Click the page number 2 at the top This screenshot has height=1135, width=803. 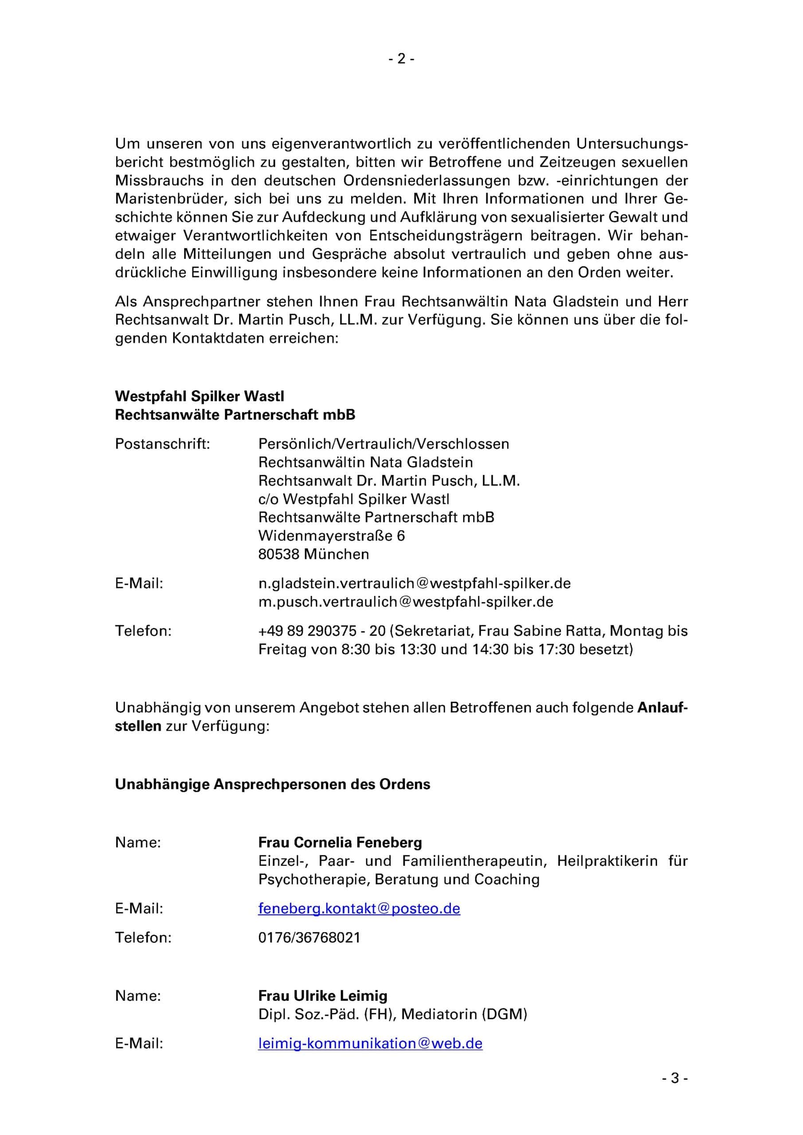[401, 59]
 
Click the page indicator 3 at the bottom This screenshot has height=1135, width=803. [675, 1092]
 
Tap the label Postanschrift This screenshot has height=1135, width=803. [162, 444]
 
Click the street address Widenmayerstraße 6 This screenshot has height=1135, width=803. [331, 536]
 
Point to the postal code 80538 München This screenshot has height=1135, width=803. [313, 554]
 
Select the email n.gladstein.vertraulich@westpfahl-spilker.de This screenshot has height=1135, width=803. [414, 583]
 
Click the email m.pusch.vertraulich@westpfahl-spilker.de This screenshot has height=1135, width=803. [405, 602]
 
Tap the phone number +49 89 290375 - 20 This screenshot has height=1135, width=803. [321, 631]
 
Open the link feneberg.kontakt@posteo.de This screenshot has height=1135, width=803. [359, 908]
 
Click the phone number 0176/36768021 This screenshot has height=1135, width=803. [309, 937]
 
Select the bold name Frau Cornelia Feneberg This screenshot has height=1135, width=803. [340, 842]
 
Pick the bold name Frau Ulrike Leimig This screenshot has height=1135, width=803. [323, 996]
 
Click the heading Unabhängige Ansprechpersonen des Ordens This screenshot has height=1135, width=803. [272, 784]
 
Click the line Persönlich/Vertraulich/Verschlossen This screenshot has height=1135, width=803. [383, 444]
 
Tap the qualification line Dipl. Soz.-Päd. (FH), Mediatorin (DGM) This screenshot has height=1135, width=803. [392, 1014]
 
